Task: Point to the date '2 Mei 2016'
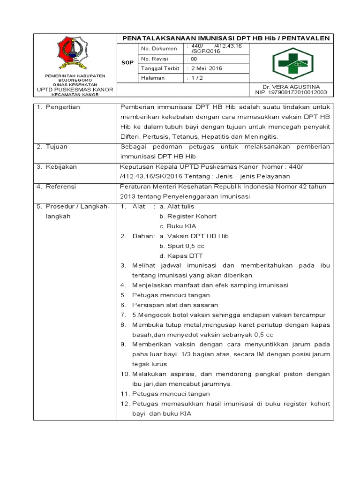tap(205, 68)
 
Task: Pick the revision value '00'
tap(194, 59)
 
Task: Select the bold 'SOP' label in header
tap(127, 63)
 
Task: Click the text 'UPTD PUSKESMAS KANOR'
tap(75, 89)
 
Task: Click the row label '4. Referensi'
tap(56, 187)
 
